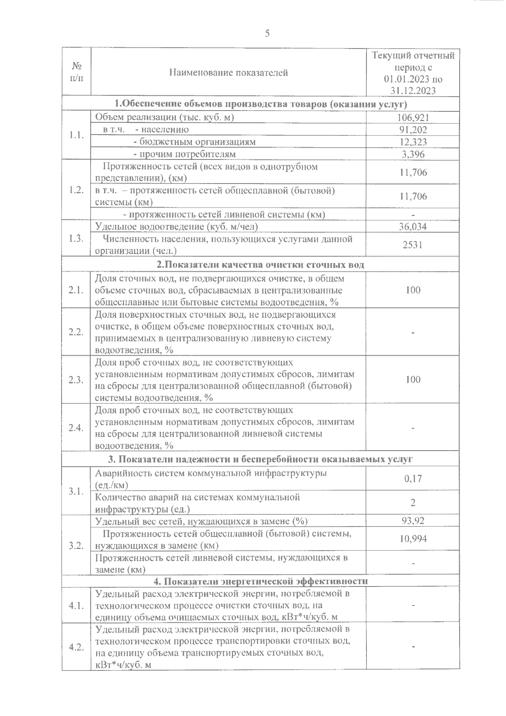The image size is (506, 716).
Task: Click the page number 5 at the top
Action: tap(267, 34)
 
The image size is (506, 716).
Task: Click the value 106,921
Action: tap(413, 118)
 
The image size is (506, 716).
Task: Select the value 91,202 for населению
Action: tap(413, 130)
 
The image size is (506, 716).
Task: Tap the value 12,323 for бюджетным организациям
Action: tap(413, 142)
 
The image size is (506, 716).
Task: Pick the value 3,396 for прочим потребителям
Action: tap(413, 154)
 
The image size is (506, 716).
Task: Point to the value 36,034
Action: tap(413, 227)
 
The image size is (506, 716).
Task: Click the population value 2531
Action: tap(413, 245)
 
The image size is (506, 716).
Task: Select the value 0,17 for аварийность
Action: tap(413, 478)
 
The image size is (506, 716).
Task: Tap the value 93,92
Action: tap(413, 520)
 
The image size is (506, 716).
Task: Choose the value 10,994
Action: tap(413, 538)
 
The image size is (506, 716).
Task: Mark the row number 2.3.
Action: tap(76, 380)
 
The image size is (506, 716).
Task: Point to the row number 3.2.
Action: tap(76, 545)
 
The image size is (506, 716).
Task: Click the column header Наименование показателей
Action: tap(228, 73)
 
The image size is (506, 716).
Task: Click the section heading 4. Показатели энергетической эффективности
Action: tap(260, 581)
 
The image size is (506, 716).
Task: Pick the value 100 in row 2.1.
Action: tap(413, 290)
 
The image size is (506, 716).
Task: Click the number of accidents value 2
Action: tap(413, 503)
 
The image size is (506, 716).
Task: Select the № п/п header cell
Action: tap(76, 73)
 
